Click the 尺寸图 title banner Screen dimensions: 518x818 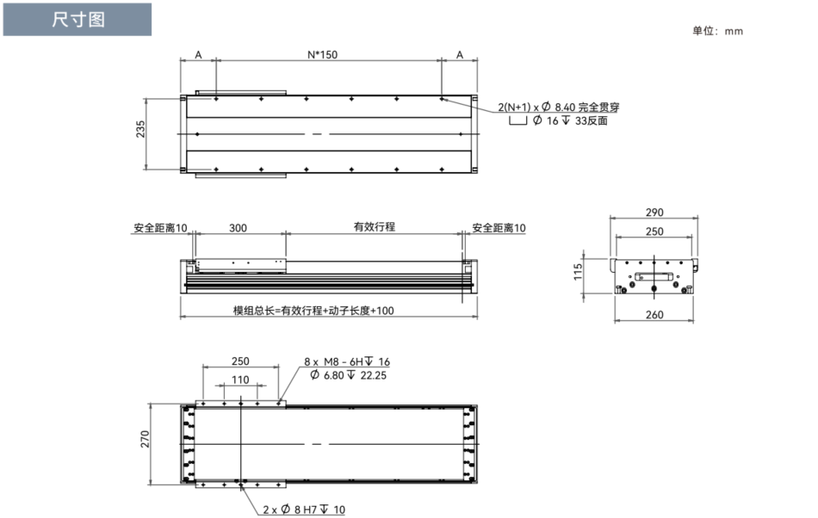(77, 20)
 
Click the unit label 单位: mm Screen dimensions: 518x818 (716, 31)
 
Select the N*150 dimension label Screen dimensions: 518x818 (323, 54)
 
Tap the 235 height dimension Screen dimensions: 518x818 (141, 131)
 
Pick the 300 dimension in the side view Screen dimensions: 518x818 (238, 228)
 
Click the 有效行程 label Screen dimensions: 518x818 (374, 227)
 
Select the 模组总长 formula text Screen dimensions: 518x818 (313, 310)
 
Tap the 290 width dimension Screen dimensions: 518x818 (654, 212)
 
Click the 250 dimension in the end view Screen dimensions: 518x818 (654, 231)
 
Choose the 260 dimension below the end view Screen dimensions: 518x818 (654, 315)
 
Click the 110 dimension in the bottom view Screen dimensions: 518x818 (240, 379)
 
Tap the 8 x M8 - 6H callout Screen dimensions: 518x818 (346, 362)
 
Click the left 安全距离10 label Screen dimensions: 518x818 (160, 228)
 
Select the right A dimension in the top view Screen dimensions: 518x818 (459, 54)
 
